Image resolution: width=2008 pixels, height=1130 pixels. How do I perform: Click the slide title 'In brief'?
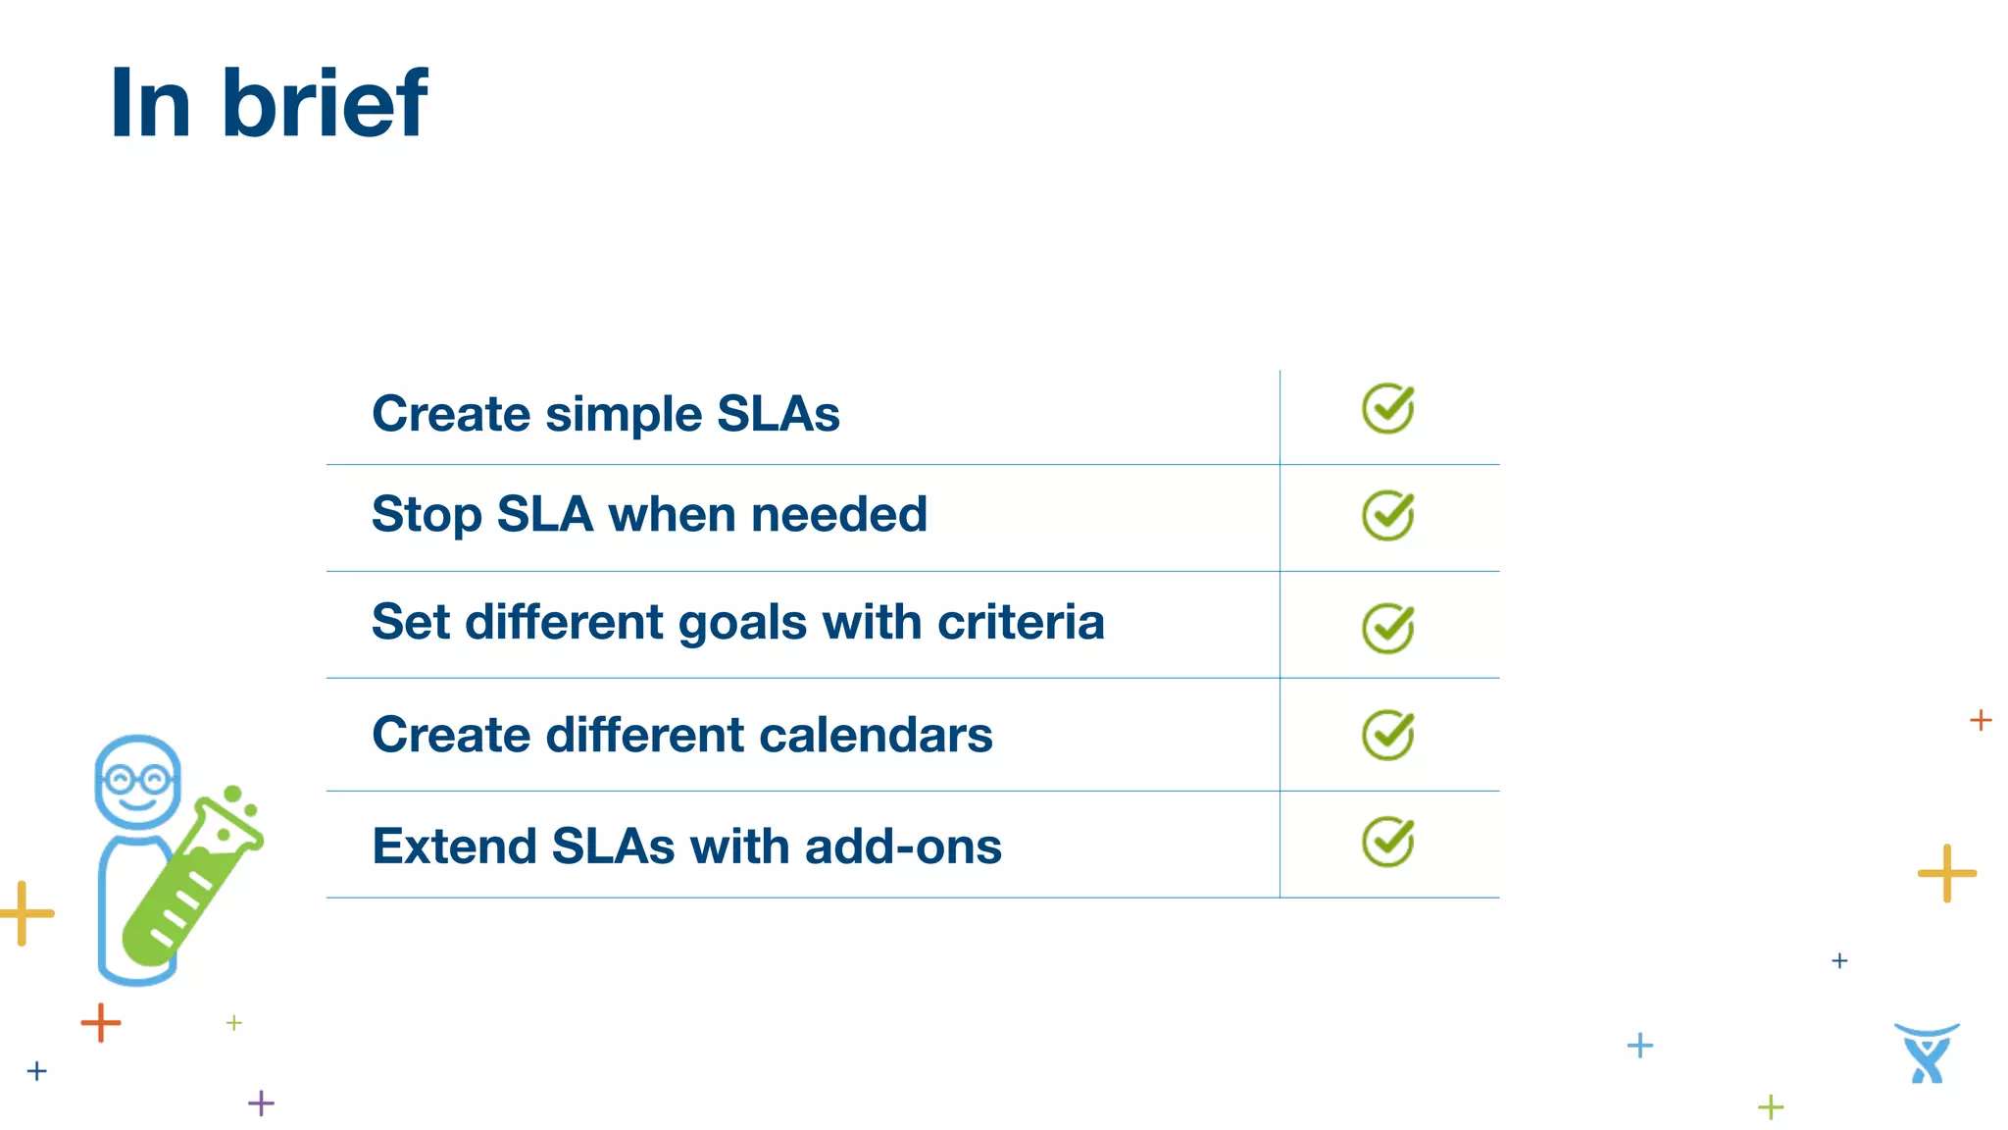coord(268,102)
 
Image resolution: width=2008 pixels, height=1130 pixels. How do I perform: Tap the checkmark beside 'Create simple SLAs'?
coord(1388,409)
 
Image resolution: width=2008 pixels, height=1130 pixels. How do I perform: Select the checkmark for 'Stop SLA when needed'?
coord(1388,516)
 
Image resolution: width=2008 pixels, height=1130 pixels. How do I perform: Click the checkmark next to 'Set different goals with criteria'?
coord(1388,628)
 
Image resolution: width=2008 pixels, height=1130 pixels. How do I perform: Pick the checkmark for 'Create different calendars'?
coord(1388,735)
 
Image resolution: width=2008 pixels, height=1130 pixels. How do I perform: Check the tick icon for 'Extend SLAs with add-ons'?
coord(1388,842)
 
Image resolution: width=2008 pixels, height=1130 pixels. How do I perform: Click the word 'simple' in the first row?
coord(624,415)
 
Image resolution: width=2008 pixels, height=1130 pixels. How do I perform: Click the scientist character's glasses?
coord(137,780)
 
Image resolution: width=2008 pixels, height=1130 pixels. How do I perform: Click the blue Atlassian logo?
coord(1927,1053)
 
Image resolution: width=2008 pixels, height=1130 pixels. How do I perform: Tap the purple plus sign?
coord(261,1103)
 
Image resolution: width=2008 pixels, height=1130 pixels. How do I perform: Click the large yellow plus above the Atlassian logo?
coord(1946,872)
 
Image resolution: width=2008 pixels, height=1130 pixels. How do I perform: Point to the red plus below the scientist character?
coord(100,1023)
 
